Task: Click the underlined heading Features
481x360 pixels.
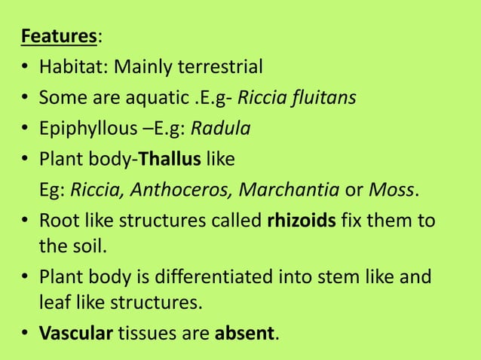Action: [54, 36]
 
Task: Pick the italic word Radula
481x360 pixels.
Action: [220, 129]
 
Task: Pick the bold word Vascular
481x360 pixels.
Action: [75, 333]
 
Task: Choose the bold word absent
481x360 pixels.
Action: [245, 333]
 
